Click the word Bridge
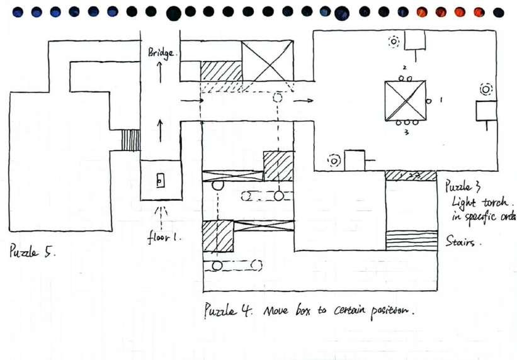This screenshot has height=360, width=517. (163, 53)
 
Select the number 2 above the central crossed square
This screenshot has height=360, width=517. (405, 67)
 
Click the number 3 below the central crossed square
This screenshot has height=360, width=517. (406, 133)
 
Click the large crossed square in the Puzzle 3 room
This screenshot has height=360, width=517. (405, 100)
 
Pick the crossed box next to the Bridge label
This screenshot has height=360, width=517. (268, 61)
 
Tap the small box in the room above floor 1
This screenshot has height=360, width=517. (160, 181)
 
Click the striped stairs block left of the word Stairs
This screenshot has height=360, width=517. (411, 240)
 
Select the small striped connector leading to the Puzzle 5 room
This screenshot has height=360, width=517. (130, 140)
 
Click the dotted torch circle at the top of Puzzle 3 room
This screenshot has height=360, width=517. (394, 42)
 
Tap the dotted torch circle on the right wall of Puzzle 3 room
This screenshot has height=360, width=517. (486, 89)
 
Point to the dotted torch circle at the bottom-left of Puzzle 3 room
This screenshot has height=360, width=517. (333, 160)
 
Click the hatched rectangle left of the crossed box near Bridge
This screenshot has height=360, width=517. (221, 70)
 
